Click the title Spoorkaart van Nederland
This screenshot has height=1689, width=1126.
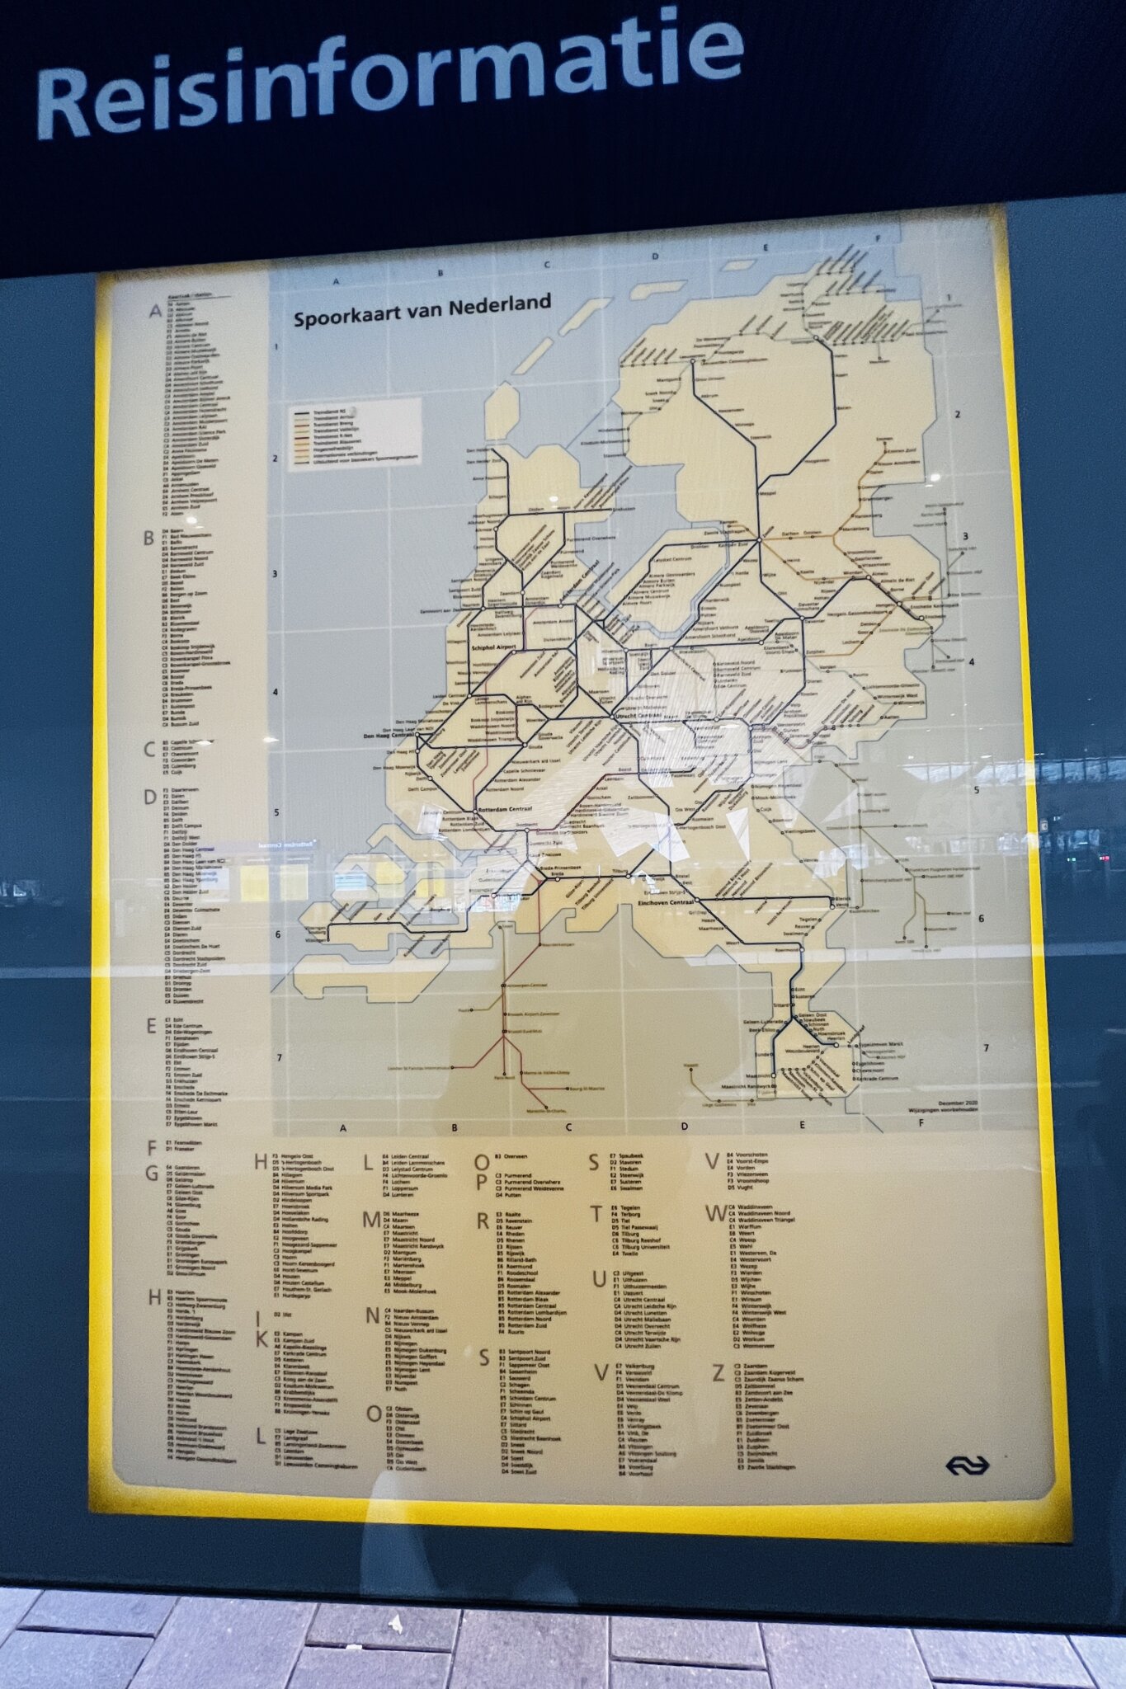[x=422, y=312]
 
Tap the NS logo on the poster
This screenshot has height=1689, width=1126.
[x=967, y=1465]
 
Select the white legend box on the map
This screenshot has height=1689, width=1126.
[x=355, y=433]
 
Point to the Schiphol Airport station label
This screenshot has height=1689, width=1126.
[x=493, y=647]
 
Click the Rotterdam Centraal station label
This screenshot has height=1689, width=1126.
[x=504, y=809]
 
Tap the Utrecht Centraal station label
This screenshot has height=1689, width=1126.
[x=639, y=716]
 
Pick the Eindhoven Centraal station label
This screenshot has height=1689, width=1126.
[x=667, y=903]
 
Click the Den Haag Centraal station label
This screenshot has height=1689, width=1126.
[x=389, y=735]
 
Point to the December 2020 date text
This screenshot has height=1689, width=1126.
[x=958, y=1103]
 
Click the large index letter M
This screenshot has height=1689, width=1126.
[x=372, y=1220]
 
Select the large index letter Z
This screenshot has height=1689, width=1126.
[x=718, y=1372]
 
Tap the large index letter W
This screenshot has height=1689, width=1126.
[x=715, y=1213]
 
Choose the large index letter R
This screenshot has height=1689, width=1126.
[x=483, y=1221]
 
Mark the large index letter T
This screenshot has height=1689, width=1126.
[x=596, y=1214]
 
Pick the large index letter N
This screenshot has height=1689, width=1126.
[x=372, y=1315]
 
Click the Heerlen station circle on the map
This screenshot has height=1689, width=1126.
[x=836, y=1045]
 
